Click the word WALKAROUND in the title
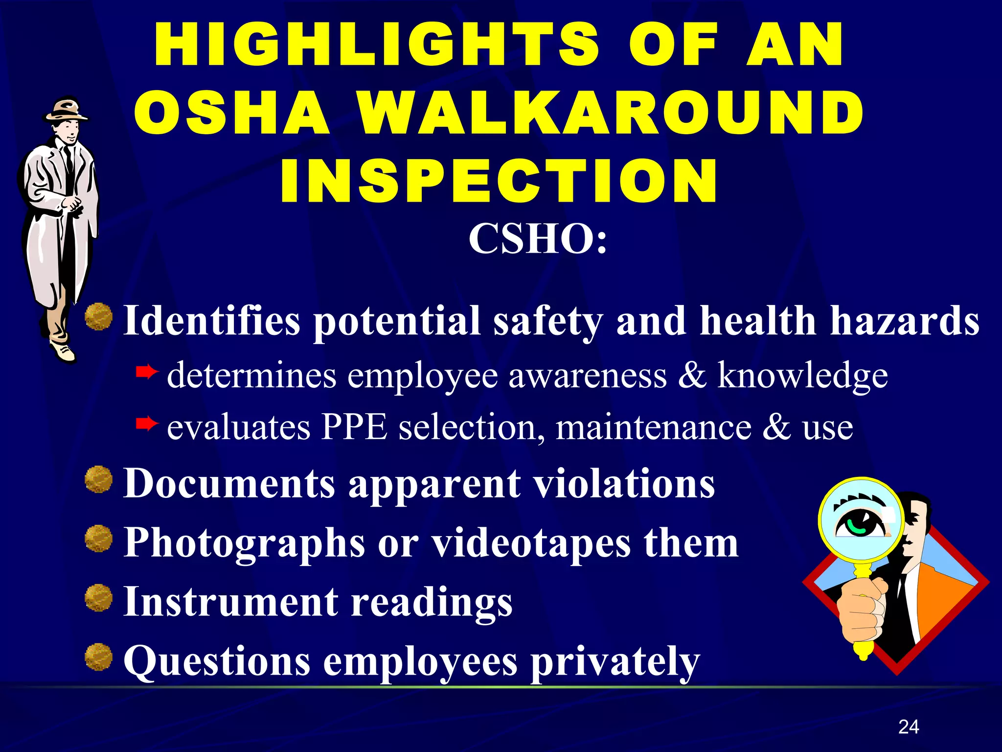click(x=611, y=114)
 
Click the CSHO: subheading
click(x=538, y=239)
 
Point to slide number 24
click(x=909, y=727)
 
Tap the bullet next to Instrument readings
click(x=99, y=598)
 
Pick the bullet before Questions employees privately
click(x=99, y=657)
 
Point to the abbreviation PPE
click(x=354, y=427)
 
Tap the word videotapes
click(x=531, y=543)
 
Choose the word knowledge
click(x=802, y=376)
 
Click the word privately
click(x=615, y=661)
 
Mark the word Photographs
click(x=244, y=543)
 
